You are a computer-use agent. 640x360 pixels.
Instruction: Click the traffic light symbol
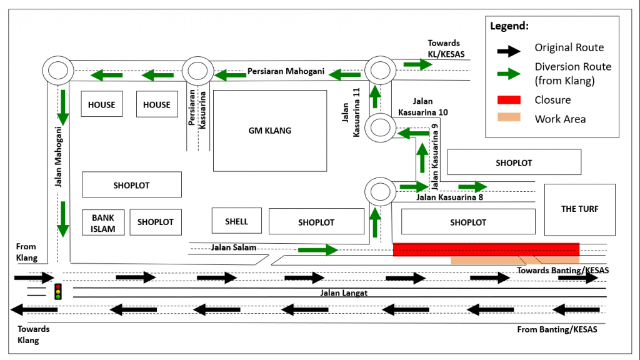pos(58,291)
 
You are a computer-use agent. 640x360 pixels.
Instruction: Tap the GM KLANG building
pos(269,131)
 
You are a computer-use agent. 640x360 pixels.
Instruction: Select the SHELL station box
pos(236,221)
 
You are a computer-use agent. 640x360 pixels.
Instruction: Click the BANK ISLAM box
pos(103,223)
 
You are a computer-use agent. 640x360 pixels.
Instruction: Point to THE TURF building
pos(579,209)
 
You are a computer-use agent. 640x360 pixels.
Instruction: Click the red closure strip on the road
pos(486,249)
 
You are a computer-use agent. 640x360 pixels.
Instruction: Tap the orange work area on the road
pos(514,260)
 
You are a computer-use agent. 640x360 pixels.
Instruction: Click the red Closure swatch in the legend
pos(508,100)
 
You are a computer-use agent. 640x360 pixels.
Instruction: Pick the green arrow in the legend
pos(508,73)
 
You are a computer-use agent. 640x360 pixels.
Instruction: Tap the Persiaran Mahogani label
pos(286,71)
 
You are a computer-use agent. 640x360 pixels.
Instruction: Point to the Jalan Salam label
pos(234,247)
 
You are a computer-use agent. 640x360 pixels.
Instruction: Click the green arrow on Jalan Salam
pos(317,251)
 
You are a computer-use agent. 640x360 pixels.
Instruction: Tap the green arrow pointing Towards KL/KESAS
pos(417,64)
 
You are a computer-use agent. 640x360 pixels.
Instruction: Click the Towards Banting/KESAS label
pos(562,271)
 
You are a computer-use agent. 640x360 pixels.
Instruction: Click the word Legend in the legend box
pos(509,26)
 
